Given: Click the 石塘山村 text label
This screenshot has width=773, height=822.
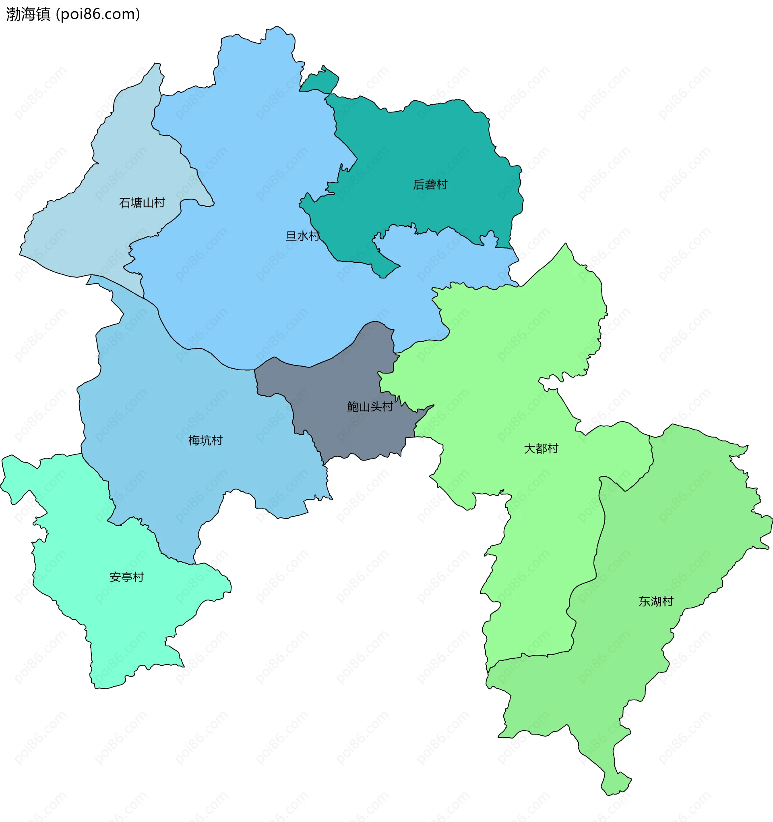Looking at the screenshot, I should [x=142, y=203].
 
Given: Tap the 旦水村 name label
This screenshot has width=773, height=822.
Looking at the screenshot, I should [x=303, y=236].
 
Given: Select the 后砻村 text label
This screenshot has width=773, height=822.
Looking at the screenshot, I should [x=430, y=185].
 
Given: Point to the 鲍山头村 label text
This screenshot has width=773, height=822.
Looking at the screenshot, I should [x=370, y=407].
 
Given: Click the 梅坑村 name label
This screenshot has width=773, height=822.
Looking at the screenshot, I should [x=205, y=440].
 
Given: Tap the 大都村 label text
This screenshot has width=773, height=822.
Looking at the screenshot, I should [x=541, y=448].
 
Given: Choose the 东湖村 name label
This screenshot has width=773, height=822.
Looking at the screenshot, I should [x=656, y=601].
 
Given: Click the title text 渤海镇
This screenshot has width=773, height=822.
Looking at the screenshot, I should [x=28, y=15].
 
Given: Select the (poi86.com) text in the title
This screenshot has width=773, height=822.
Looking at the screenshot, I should [x=98, y=15].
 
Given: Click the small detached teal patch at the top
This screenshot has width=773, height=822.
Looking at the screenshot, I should [x=320, y=81].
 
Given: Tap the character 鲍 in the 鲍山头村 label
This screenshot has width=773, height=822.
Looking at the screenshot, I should [x=353, y=407].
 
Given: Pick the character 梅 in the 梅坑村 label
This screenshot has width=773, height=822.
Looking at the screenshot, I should [x=194, y=440].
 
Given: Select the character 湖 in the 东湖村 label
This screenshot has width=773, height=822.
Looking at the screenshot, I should [x=656, y=601].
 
